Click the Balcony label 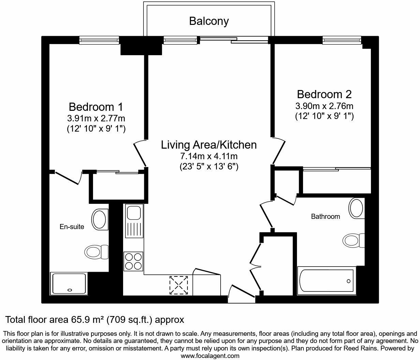[x=209, y=21]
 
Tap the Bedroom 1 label [x=96, y=107]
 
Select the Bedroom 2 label [x=324, y=94]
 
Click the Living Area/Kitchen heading [x=209, y=145]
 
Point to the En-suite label [x=72, y=227]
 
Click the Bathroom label [x=325, y=216]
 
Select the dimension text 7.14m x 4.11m [x=209, y=156]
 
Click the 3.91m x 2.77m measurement [x=96, y=119]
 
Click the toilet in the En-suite [x=95, y=252]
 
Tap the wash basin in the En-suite [x=99, y=219]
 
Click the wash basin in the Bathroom [x=356, y=207]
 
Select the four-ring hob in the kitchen [x=133, y=261]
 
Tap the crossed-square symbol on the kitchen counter [x=179, y=285]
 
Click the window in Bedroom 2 [x=342, y=41]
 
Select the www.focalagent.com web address [x=210, y=356]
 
